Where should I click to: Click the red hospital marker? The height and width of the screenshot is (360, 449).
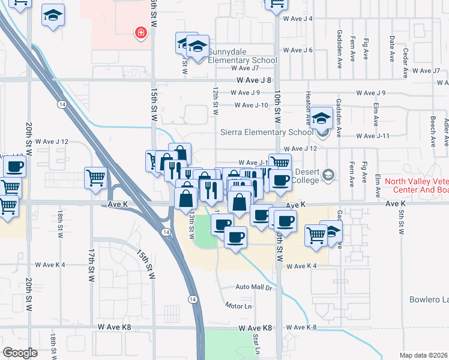coord(141,32)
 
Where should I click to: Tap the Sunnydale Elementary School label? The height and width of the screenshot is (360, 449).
coord(243,60)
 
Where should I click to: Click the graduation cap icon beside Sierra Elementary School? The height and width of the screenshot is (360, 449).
coord(322,118)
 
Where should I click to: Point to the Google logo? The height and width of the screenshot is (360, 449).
coord(20,352)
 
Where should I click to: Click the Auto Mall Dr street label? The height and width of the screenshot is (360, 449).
coord(254,287)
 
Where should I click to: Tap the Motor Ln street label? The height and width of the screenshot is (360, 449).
coord(238,306)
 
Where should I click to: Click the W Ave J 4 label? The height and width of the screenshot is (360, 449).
coord(298,19)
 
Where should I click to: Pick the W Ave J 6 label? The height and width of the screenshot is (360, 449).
coord(298,50)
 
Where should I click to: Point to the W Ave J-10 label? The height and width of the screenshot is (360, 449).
coord(251,105)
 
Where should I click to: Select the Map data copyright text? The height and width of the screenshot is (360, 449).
coord(424,355)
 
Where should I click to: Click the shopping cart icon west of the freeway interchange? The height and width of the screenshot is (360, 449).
coord(95,178)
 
